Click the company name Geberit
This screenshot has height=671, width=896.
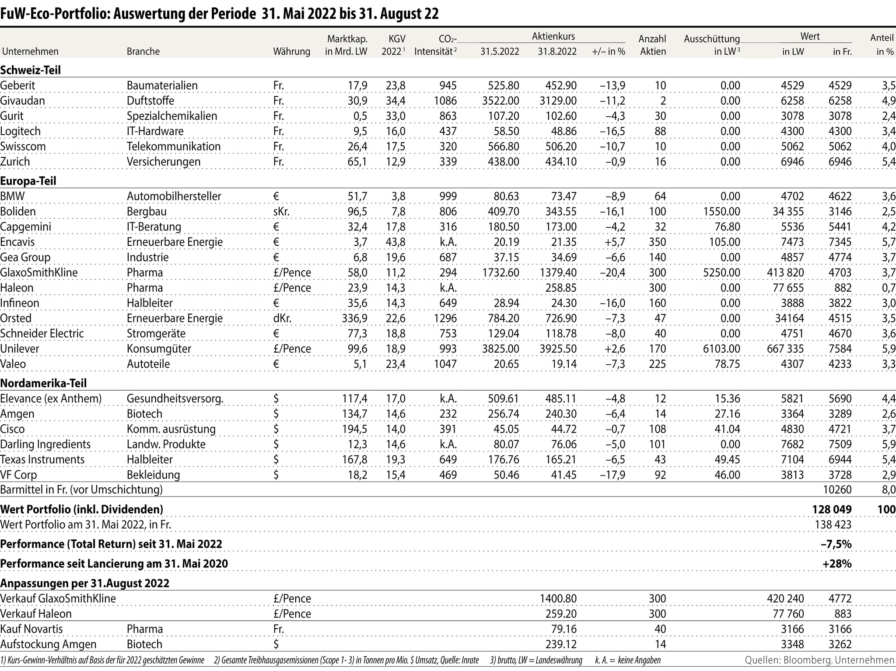pos(18,85)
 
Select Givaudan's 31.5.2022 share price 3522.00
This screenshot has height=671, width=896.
pos(500,101)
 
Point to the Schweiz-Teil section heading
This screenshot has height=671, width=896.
pos(31,70)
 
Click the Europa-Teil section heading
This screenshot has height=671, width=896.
pos(28,181)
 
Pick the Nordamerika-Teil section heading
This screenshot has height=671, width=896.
pos(44,383)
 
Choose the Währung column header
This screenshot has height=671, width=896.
pos(291,52)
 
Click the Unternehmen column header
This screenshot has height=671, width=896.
pos(30,52)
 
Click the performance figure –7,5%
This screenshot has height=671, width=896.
pos(836,544)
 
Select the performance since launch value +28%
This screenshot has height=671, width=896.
pos(837,563)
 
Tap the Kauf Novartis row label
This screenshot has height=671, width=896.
pos(31,629)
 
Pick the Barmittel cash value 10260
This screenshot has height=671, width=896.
pos(837,489)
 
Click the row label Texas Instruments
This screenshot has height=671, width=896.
pos(42,460)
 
